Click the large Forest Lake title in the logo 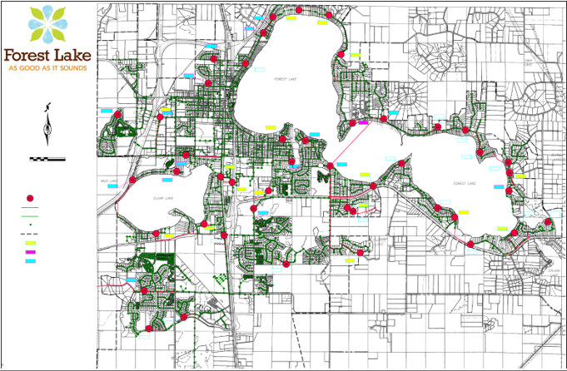(47, 55)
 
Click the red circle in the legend (30, 198)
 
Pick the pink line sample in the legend (30, 207)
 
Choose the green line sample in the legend (30, 216)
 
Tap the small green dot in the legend (30, 225)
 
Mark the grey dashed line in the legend (30, 235)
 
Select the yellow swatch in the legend (30, 244)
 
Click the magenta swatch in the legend (30, 252)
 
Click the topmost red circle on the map (299, 10)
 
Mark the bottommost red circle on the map (149, 329)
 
